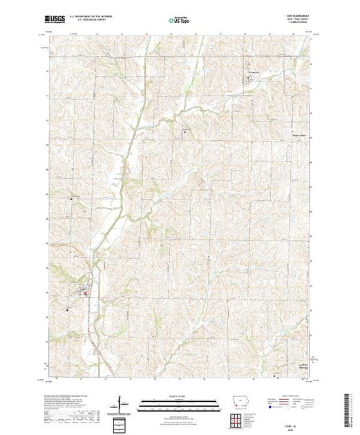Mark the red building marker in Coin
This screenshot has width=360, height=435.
(86, 295)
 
